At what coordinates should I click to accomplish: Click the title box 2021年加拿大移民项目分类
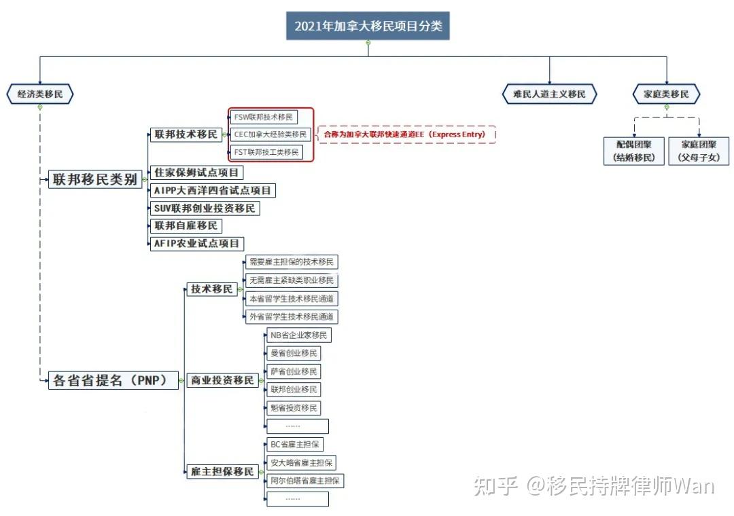pos(368,26)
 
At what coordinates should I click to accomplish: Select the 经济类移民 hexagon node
pos(39,94)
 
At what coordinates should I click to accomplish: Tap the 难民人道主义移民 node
pos(549,94)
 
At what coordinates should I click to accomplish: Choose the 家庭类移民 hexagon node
pos(666,94)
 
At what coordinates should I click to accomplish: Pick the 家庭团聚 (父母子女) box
pos(699,151)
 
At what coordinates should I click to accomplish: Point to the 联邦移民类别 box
pos(95,180)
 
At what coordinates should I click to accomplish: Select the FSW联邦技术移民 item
pos(264,117)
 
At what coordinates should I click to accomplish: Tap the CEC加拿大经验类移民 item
pos(270,134)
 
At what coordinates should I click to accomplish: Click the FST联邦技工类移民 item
pos(266,152)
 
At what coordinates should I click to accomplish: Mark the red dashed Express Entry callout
pos(406,134)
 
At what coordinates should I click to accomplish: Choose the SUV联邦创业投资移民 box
pos(205,208)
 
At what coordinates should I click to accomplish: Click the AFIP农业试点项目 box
pos(197,243)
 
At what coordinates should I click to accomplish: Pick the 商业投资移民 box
pos(222,380)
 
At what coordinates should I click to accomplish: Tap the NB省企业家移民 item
pos(298,335)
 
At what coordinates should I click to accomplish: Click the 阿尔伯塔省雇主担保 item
pos(306,481)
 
